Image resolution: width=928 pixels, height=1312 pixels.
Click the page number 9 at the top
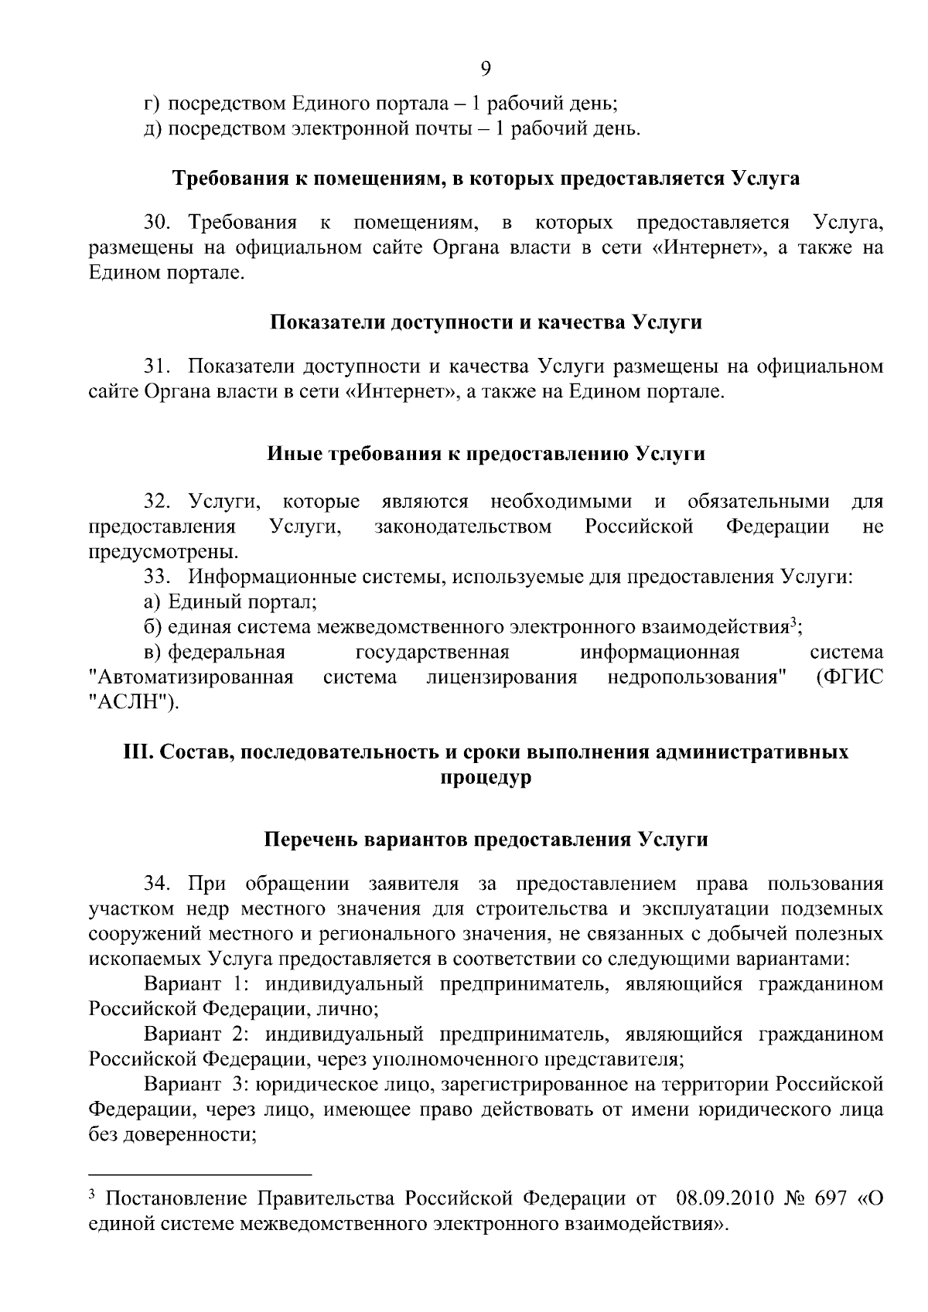[x=486, y=70]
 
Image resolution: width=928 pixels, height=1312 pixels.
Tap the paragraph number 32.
[x=155, y=503]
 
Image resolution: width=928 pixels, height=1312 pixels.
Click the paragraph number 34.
[x=155, y=884]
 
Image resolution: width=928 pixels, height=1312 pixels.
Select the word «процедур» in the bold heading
[x=486, y=777]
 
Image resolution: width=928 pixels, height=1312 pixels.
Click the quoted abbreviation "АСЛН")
[x=132, y=703]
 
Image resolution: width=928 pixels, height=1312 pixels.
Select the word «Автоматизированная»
[x=191, y=678]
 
